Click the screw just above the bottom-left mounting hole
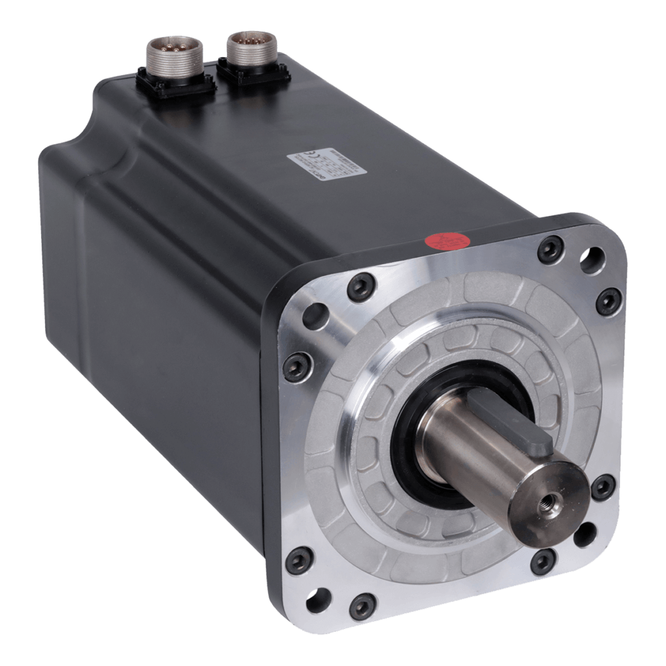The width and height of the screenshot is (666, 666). pos(297,557)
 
